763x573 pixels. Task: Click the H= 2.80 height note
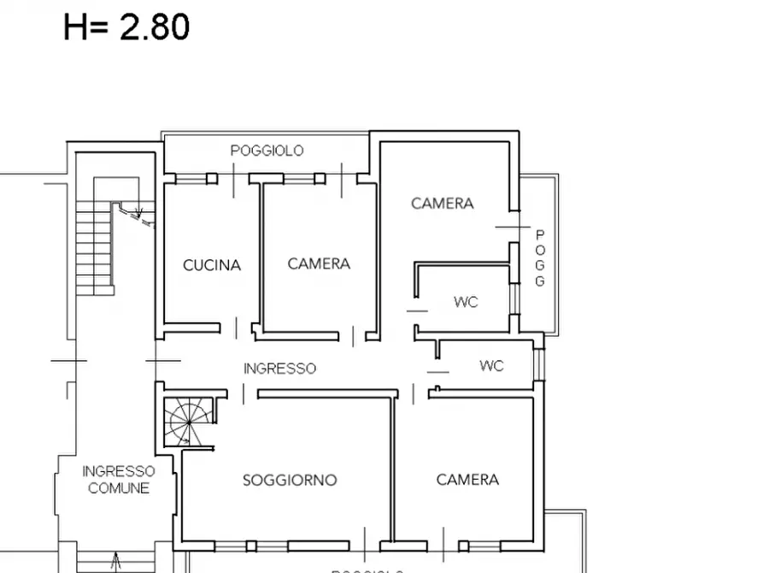(126, 27)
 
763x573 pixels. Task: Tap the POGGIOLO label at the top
(267, 151)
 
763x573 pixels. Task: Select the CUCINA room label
(212, 265)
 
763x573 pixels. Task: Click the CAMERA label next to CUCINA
(319, 264)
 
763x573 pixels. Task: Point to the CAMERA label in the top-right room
(442, 204)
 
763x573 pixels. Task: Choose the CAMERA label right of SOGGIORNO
(467, 480)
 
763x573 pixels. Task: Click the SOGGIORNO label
(290, 480)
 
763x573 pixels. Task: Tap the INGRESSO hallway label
(279, 369)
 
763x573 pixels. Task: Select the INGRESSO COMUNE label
(119, 480)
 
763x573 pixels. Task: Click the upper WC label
(466, 302)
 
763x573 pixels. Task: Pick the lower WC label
(491, 366)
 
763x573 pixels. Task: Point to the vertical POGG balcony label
(540, 258)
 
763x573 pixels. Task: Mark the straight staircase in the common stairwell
(94, 246)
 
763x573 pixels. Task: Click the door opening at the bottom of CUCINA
(238, 327)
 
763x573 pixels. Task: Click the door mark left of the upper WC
(416, 310)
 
